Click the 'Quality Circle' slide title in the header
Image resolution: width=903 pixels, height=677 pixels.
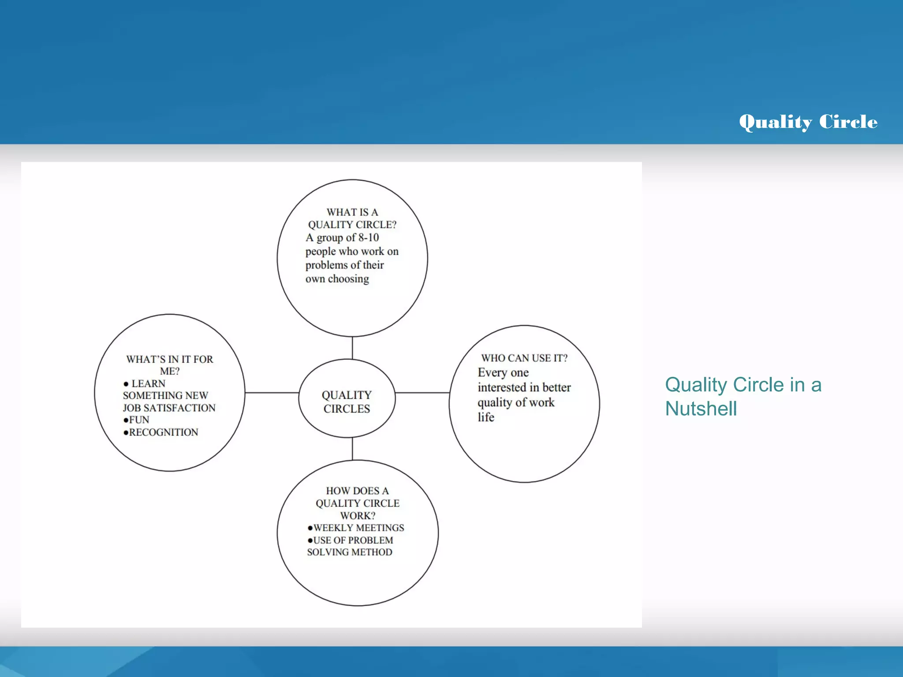808,122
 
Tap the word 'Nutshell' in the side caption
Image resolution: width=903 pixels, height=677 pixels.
701,409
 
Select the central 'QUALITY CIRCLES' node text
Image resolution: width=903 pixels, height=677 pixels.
347,402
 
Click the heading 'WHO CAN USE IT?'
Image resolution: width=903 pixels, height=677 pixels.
524,358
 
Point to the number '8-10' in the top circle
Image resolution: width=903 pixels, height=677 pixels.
368,238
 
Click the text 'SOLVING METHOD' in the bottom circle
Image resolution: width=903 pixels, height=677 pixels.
349,552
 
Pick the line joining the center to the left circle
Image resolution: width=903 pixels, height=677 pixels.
272,392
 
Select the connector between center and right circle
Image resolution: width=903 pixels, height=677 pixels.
422,392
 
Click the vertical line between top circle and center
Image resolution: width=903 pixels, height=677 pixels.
352,348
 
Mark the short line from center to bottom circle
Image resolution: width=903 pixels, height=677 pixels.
352,449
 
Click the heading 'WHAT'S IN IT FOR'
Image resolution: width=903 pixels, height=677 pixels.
169,359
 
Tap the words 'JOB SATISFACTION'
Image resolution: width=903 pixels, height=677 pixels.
169,408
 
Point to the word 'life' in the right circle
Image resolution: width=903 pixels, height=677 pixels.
485,417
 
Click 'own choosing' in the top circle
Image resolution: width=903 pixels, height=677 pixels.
337,279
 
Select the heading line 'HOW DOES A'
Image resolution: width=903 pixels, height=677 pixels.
357,491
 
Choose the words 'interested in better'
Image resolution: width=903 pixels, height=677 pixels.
524,387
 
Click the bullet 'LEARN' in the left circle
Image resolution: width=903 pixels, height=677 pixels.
148,384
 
